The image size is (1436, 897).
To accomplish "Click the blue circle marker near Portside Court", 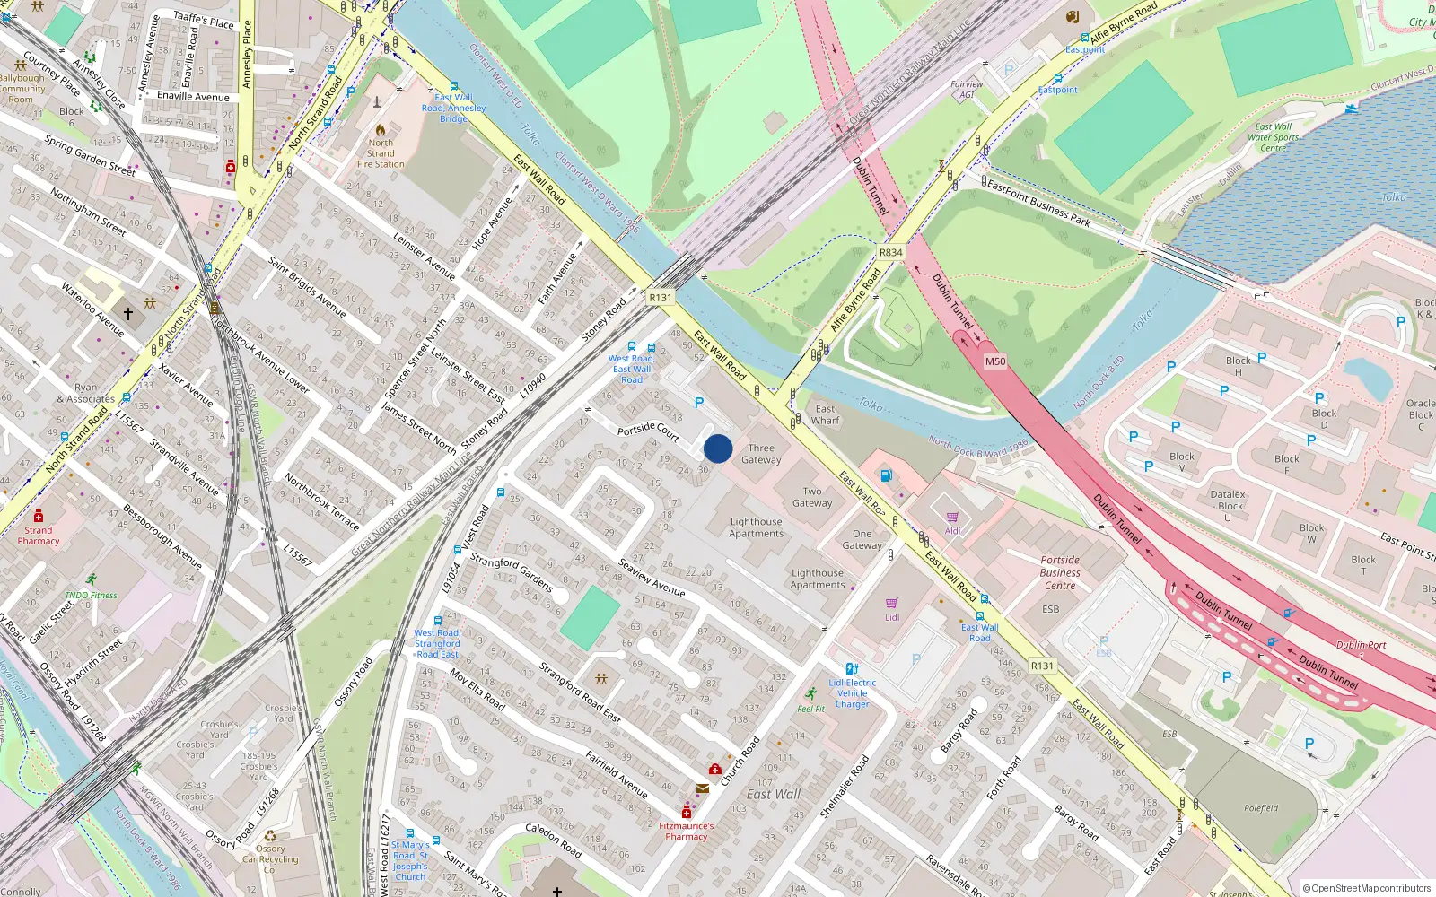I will click(718, 448).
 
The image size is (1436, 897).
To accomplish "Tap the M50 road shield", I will click(995, 361).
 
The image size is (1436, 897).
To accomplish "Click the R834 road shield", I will click(890, 253).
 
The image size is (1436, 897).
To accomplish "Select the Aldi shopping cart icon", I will click(952, 517).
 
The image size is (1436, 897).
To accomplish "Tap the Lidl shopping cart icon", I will click(891, 603).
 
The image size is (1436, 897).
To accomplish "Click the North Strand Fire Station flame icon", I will click(381, 130).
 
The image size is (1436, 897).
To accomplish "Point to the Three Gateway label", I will click(761, 454).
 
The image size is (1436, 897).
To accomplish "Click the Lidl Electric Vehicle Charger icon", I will click(852, 668).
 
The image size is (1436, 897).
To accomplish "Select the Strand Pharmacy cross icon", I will click(39, 516).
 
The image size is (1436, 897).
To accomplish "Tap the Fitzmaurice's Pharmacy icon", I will click(687, 812).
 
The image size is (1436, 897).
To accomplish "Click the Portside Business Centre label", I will click(1060, 572).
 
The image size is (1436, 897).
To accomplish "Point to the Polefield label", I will click(1261, 808).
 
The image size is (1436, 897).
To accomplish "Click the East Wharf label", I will click(825, 414).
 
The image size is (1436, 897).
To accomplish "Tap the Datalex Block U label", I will click(1228, 505).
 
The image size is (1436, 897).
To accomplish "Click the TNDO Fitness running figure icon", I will click(91, 580).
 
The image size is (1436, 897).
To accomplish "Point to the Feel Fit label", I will click(810, 709).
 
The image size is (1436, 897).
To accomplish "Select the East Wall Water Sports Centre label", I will click(1273, 137).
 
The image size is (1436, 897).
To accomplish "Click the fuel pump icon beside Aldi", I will click(886, 475).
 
